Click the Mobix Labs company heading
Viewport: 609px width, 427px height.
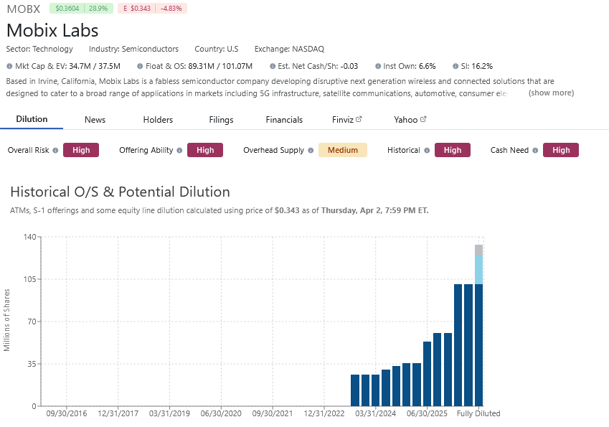tap(52, 31)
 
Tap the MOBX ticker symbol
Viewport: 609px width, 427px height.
tap(23, 9)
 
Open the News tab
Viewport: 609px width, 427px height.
tap(95, 120)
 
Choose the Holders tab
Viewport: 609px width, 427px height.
tap(158, 120)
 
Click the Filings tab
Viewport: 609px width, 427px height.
tap(221, 120)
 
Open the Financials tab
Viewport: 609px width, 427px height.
tap(284, 120)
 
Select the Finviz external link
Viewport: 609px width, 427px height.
tap(347, 120)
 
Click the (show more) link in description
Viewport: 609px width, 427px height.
tap(551, 93)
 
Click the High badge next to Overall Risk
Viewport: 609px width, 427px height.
tap(81, 150)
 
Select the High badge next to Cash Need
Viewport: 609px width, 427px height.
tap(560, 150)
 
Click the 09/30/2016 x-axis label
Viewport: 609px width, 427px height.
tap(66, 414)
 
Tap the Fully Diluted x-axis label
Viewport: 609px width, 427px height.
tap(478, 414)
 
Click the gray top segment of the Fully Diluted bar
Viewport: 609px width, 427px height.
tap(478, 250)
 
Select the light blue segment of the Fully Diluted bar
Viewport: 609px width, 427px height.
tap(478, 271)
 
